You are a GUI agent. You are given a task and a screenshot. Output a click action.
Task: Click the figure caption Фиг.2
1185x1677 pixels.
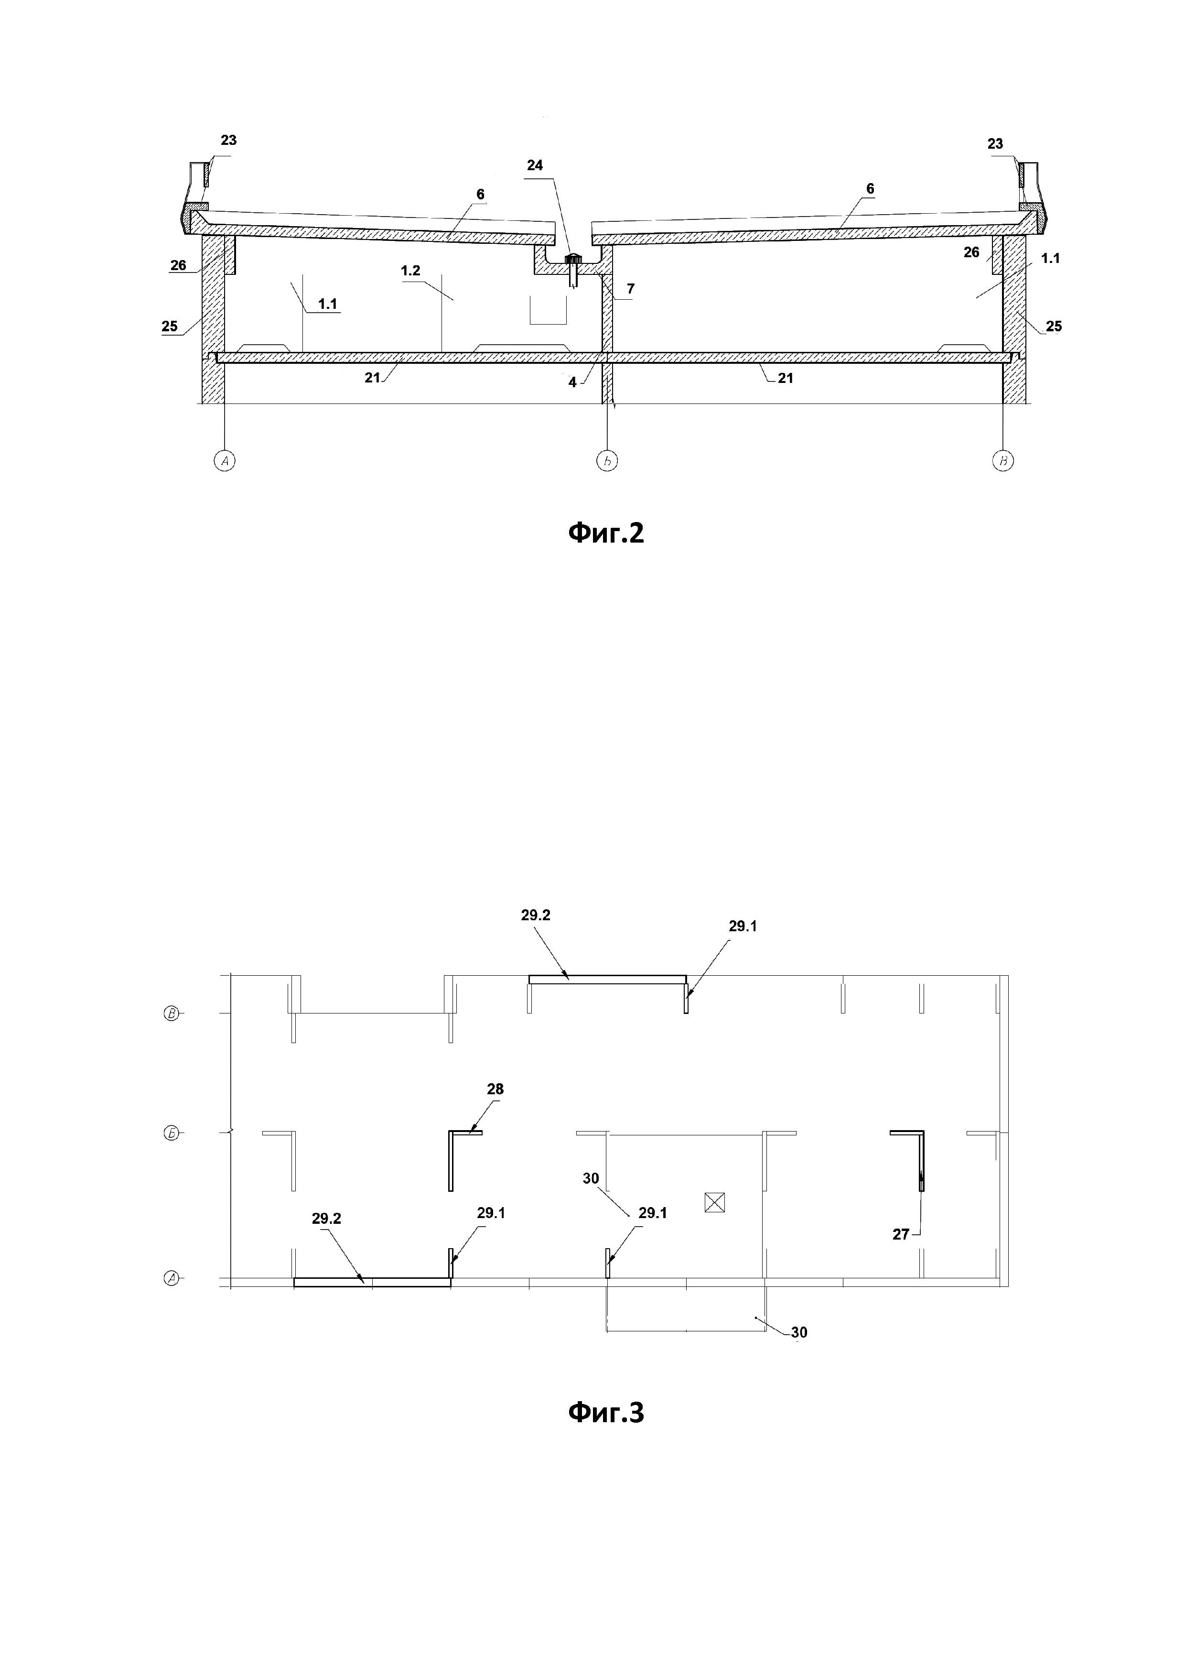(606, 534)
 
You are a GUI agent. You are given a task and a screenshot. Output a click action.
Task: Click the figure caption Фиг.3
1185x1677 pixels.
(606, 1413)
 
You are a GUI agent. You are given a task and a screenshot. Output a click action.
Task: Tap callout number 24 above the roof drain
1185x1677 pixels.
(535, 166)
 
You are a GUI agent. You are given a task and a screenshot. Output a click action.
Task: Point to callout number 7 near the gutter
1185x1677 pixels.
(630, 289)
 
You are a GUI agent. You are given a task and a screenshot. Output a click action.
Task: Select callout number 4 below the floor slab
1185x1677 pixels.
(572, 382)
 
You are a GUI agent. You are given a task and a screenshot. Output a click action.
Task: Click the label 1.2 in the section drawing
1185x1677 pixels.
(410, 271)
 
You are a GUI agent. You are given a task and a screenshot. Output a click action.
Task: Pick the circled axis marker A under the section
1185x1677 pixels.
(225, 460)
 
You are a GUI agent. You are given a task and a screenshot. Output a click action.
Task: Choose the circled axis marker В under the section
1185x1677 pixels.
(1003, 460)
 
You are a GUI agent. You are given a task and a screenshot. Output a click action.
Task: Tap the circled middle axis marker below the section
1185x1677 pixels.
(607, 460)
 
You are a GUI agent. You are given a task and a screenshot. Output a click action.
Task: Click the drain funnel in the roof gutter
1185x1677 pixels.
(574, 260)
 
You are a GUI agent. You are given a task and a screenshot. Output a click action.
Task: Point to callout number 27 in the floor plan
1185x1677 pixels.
(901, 1234)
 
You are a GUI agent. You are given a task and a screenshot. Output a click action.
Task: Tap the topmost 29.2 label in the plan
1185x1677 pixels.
(536, 915)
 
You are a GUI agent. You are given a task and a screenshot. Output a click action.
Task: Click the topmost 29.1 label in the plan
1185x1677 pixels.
(743, 926)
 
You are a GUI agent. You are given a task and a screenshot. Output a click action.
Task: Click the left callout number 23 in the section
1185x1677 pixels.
(228, 140)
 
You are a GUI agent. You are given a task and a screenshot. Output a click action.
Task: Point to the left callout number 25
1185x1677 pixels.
(170, 327)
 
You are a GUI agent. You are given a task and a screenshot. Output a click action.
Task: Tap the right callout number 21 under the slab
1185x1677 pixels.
(785, 378)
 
